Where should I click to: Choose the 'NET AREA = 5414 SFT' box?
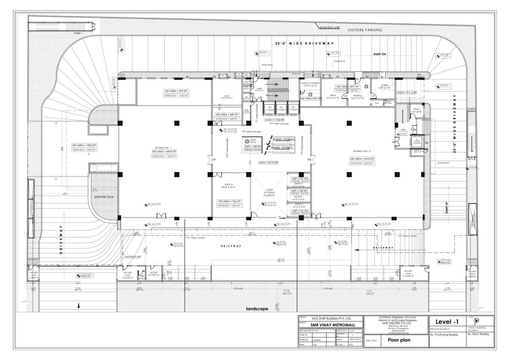[x=363, y=159]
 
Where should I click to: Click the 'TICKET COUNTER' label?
[x=310, y=82]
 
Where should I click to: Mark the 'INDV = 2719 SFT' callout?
[x=269, y=162]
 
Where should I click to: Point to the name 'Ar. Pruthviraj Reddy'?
[x=446, y=336]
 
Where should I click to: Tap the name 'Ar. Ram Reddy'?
[x=479, y=336]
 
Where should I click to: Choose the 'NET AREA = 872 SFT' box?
[x=176, y=90]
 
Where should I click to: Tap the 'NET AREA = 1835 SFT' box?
[x=84, y=145]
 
